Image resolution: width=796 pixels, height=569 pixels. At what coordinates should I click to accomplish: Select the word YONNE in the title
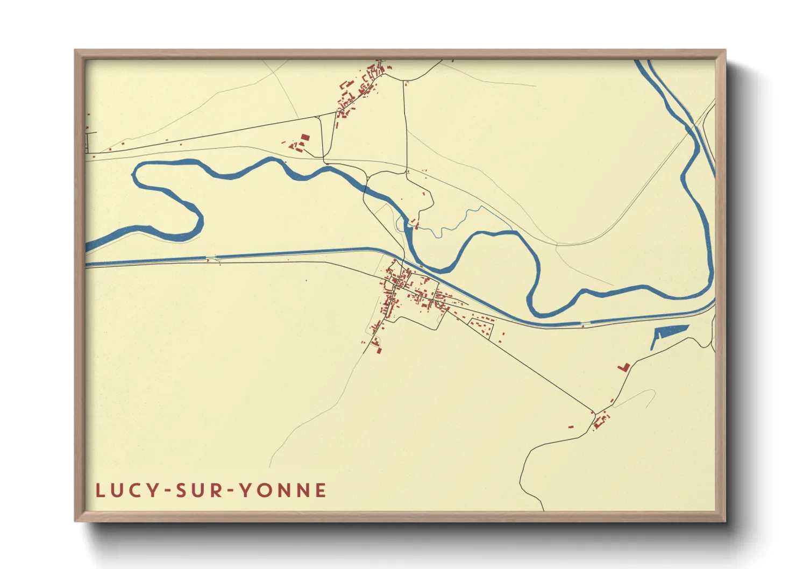click(x=282, y=490)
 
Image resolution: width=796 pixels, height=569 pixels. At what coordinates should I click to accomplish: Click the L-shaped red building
click(x=624, y=367)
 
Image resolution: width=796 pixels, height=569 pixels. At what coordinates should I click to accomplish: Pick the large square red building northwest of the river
click(x=305, y=138)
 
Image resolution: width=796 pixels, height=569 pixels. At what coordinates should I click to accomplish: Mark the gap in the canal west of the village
click(x=211, y=258)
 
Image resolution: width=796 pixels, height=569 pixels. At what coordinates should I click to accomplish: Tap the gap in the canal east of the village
click(x=585, y=323)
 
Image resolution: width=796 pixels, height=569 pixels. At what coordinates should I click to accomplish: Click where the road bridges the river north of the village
click(x=366, y=188)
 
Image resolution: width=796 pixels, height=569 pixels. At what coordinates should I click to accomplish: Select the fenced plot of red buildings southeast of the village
click(x=482, y=327)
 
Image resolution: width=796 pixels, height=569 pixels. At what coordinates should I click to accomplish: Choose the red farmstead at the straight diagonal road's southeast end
click(x=601, y=420)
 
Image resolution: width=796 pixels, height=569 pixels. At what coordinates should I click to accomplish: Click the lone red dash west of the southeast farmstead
click(x=571, y=426)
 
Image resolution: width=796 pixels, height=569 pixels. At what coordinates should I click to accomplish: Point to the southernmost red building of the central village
click(x=379, y=351)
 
